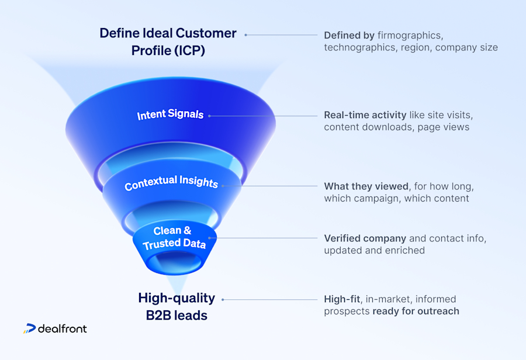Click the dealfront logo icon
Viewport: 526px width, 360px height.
click(x=29, y=329)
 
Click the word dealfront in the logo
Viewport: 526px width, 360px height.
click(x=62, y=328)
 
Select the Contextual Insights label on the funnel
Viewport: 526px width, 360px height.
click(x=171, y=183)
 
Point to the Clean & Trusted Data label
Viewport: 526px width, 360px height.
click(x=174, y=237)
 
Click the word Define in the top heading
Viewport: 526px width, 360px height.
click(x=119, y=33)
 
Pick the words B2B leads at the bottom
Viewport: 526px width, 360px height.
click(x=177, y=316)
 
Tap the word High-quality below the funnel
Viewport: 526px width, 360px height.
click(x=177, y=298)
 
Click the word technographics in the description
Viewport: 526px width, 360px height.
click(x=359, y=47)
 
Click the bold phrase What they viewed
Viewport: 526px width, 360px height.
click(x=366, y=186)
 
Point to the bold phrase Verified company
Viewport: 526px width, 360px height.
click(x=365, y=238)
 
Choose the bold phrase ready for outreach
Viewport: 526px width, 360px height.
click(x=416, y=311)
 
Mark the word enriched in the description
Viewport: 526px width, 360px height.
click(x=406, y=250)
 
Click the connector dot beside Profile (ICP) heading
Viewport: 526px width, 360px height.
click(x=245, y=34)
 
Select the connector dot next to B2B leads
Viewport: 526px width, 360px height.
click(x=223, y=299)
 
